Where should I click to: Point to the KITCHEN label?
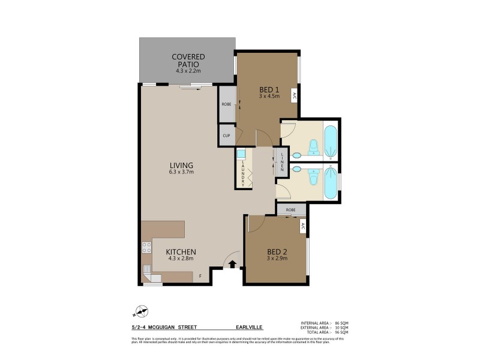pyautogui.click(x=181, y=252)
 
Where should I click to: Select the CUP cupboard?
pyautogui.click(x=226, y=136)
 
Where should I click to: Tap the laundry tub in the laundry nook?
pyautogui.click(x=242, y=154)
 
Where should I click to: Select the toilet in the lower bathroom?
pyautogui.click(x=312, y=179)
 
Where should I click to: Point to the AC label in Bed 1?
pyautogui.click(x=294, y=95)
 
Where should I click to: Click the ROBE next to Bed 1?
pyautogui.click(x=226, y=104)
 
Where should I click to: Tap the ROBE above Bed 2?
pyautogui.click(x=290, y=210)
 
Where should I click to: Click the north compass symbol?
pyautogui.click(x=142, y=311)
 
